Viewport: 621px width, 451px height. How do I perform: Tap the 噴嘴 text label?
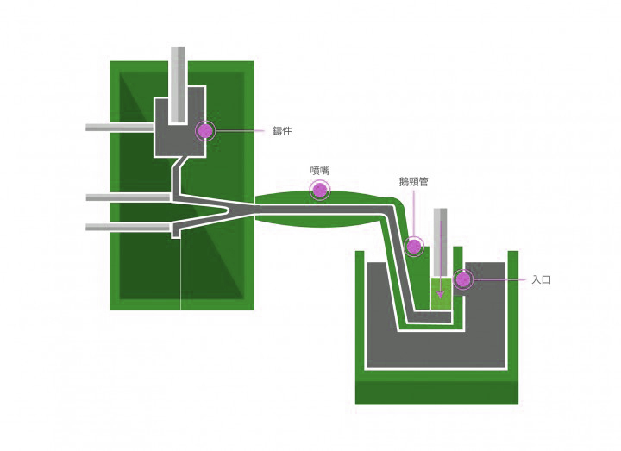320,171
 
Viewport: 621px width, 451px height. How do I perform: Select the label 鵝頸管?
414,182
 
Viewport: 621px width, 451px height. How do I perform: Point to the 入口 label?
541,280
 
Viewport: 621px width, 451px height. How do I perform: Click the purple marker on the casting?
204,130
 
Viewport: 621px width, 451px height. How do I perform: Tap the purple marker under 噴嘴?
320,190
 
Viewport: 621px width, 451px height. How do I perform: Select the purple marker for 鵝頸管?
414,247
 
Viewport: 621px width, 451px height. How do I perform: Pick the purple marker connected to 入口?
463,279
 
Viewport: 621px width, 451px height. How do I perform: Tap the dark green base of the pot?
436,392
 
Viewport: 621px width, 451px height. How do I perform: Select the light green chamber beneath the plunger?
442,293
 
